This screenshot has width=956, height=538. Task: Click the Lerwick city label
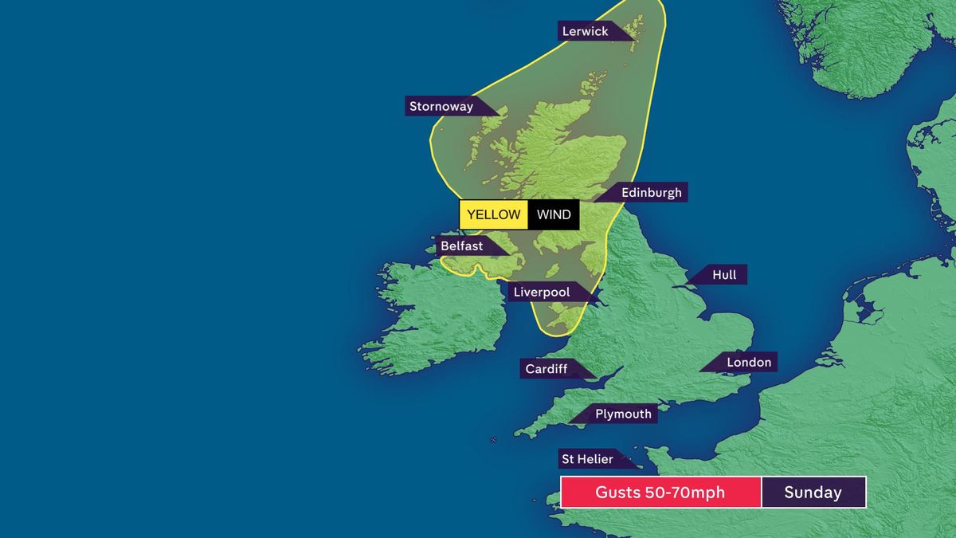point(585,31)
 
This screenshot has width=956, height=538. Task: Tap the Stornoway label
point(441,106)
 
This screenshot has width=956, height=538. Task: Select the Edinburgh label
point(651,192)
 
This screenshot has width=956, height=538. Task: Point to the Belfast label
point(461,246)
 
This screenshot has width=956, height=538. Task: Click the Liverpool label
point(542,293)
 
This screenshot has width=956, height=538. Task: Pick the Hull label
point(723,275)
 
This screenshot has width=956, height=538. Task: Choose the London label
point(748,363)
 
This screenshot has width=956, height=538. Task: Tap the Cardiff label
point(547,369)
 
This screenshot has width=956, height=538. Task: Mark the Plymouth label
point(623,414)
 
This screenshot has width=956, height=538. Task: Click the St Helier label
point(587,459)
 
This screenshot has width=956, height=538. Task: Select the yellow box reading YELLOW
point(493,215)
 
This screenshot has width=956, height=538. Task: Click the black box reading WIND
point(554,215)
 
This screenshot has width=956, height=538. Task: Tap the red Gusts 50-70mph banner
point(660,493)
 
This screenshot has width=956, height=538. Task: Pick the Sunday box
point(813,493)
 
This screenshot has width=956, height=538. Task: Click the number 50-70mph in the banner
point(684,493)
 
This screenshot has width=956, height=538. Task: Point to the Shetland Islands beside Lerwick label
point(633,32)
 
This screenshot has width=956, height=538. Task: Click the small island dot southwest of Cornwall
point(493,440)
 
